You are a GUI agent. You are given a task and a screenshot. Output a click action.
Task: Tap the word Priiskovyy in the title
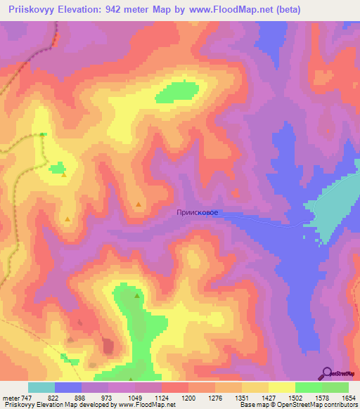point(28,10)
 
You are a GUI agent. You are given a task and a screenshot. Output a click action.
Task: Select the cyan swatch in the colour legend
point(41,387)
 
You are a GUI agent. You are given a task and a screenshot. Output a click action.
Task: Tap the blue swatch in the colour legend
point(68,387)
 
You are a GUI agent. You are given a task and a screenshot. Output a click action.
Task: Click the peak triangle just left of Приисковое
point(139,204)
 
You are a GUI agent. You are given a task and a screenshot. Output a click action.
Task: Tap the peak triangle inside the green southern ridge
point(136,296)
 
